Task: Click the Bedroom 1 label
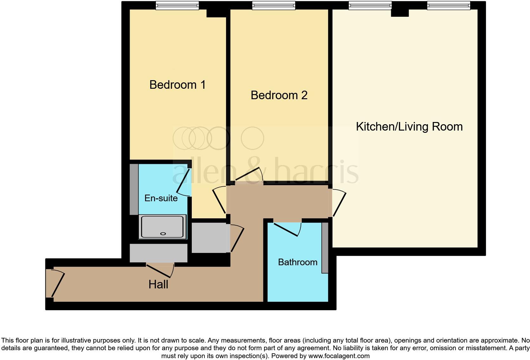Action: pyautogui.click(x=178, y=85)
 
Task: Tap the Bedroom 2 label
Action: pyautogui.click(x=279, y=95)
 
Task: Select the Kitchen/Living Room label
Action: pyautogui.click(x=409, y=127)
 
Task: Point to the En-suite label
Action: pyautogui.click(x=161, y=198)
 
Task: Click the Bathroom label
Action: pyautogui.click(x=298, y=262)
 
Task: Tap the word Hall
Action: pyautogui.click(x=158, y=285)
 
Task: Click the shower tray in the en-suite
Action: pyautogui.click(x=163, y=227)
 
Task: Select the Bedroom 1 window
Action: pyautogui.click(x=177, y=5)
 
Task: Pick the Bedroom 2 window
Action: pyautogui.click(x=274, y=5)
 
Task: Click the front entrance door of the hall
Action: pyautogui.click(x=57, y=283)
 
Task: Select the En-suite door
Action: pyautogui.click(x=184, y=182)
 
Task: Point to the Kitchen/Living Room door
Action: pyautogui.click(x=339, y=203)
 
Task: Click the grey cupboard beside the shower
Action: pyautogui.click(x=210, y=238)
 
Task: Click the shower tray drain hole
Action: pyautogui.click(x=163, y=234)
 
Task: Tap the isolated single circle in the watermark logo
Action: pyautogui.click(x=253, y=138)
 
